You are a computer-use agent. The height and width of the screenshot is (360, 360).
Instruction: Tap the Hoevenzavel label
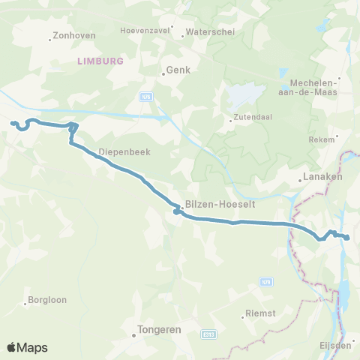143,31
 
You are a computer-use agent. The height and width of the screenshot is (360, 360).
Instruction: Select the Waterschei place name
199,32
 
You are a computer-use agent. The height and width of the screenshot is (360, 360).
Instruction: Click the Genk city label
179,70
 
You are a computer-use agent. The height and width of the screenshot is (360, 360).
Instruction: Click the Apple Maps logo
27,347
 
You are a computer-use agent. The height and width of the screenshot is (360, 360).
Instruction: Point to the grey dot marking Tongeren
133,335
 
